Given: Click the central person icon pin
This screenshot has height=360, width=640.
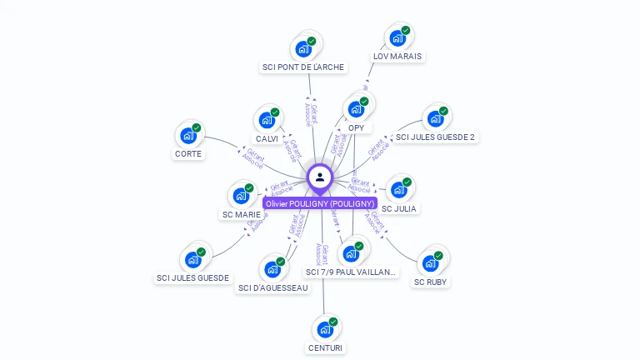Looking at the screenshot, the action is (320, 177).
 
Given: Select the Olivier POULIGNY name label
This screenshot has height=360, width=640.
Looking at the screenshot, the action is (320, 203).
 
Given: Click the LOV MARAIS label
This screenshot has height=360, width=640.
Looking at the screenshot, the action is (397, 57).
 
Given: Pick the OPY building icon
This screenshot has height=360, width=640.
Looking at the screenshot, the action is (356, 108).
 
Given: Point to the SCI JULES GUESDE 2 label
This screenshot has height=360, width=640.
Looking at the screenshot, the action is (435, 137).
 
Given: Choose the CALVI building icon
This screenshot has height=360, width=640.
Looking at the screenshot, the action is (267, 119).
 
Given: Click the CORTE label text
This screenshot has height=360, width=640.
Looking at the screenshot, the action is (188, 153).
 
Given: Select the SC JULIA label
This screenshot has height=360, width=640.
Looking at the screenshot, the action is (399, 208).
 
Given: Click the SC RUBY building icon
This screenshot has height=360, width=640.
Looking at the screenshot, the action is (431, 262).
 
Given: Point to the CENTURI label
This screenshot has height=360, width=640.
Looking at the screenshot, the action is (325, 347).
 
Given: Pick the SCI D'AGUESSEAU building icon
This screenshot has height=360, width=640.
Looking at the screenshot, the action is (272, 268).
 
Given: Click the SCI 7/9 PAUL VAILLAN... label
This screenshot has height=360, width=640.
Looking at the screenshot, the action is (352, 272).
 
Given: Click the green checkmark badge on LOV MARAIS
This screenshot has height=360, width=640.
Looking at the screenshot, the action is (406, 31).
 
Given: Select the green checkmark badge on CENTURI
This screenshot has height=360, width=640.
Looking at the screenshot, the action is (333, 322).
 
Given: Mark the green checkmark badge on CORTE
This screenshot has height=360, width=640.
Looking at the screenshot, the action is (197, 127).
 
